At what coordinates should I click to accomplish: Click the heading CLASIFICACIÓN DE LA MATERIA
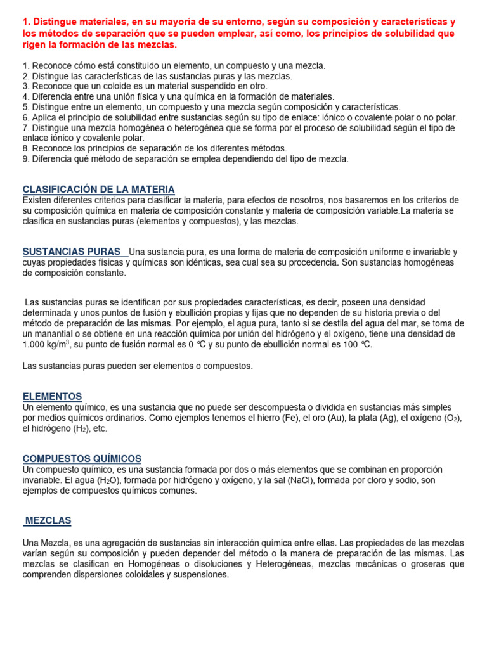coord(98,190)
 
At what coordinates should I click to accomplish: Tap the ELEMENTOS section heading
coord(52,396)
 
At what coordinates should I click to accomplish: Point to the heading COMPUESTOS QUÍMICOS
coord(82,458)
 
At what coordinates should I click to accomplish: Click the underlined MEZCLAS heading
coord(48,520)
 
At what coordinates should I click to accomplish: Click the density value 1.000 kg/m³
coord(46,344)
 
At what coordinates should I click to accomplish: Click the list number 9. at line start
coord(25,159)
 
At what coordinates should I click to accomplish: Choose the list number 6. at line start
coord(25,118)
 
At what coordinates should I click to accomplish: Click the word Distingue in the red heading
coord(55,22)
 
